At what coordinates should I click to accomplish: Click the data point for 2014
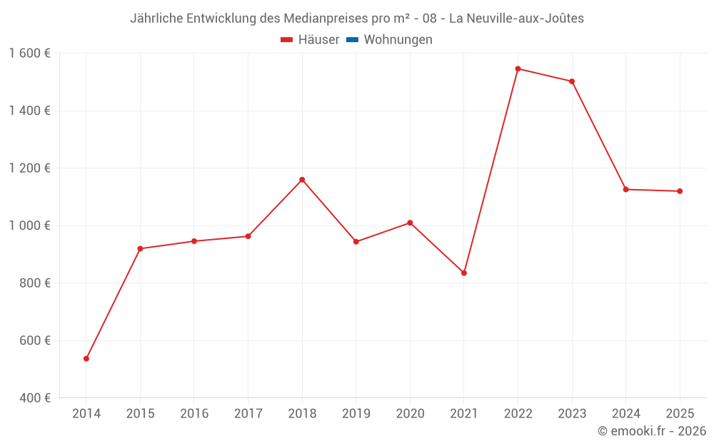86,358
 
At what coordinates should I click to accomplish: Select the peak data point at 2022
518,69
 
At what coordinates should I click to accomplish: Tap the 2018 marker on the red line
302,180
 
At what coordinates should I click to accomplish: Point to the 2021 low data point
464,273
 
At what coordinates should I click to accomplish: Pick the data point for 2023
572,81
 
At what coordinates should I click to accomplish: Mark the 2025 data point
680,191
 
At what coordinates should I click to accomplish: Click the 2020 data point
410,223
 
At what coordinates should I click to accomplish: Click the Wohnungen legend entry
398,40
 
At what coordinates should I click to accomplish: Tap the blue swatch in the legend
352,40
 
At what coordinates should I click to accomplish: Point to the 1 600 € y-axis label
29,54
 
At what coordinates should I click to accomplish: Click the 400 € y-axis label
34,397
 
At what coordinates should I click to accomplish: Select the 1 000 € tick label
29,225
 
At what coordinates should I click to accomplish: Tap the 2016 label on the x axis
194,413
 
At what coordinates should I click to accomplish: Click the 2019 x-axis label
356,413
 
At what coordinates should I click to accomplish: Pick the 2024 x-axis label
625,413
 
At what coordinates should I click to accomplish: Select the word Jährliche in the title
156,19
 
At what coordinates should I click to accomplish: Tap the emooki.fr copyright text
652,431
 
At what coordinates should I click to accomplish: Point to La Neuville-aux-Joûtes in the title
516,19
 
